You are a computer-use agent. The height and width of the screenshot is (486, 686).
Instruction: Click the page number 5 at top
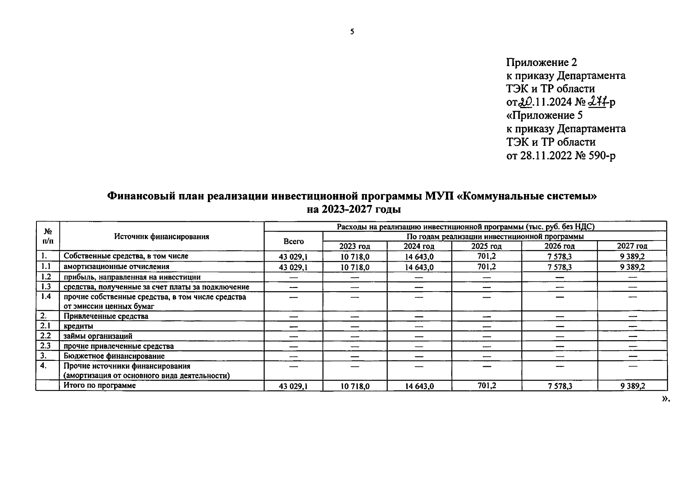click(x=352, y=32)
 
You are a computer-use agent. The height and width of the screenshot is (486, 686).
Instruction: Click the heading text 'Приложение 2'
click(x=541, y=62)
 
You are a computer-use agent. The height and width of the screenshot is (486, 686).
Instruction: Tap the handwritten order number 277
click(x=599, y=102)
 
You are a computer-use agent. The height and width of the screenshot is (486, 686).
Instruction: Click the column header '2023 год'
click(x=355, y=246)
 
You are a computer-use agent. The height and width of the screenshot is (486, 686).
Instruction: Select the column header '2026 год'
click(x=559, y=246)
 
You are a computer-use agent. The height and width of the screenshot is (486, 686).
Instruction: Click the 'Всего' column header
click(x=293, y=241)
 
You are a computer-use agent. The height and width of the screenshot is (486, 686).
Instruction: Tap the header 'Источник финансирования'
click(x=161, y=237)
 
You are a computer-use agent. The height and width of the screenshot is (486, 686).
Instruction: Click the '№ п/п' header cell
click(x=48, y=236)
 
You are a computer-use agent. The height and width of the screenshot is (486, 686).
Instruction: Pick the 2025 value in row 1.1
click(x=486, y=266)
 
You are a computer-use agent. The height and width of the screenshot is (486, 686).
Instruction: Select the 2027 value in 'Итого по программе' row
click(x=632, y=386)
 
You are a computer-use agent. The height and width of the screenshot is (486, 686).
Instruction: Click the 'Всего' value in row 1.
click(x=293, y=257)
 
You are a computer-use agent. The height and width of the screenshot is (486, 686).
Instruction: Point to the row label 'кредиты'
click(x=79, y=326)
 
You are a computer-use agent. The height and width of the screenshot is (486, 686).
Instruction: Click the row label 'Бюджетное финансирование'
click(x=114, y=356)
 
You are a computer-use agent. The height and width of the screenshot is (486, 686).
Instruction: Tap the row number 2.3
click(x=46, y=345)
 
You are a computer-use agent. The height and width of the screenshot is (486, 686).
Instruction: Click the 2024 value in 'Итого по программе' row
click(x=419, y=386)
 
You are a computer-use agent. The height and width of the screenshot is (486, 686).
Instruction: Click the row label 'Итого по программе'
click(x=100, y=386)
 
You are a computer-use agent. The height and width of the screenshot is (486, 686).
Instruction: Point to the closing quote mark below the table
click(x=666, y=399)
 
